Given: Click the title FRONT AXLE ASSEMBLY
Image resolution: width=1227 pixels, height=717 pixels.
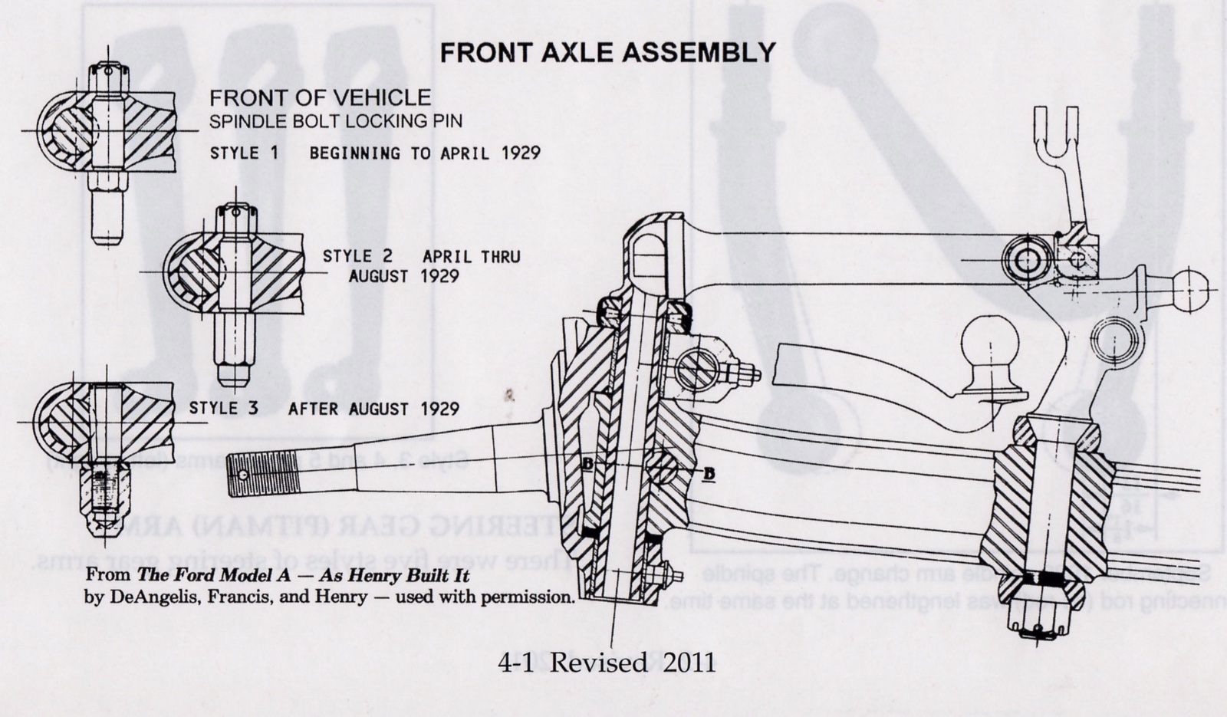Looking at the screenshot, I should click(x=607, y=52).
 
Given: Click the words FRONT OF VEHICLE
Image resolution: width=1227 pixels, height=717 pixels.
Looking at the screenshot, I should click(x=320, y=97).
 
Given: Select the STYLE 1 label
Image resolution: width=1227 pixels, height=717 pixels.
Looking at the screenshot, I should click(x=244, y=153).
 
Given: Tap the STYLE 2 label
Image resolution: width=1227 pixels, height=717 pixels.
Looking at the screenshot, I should click(x=357, y=256).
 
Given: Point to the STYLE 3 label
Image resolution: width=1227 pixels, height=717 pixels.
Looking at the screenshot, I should click(x=223, y=408).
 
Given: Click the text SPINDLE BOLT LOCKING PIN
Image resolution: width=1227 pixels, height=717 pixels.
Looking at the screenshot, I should click(x=336, y=121).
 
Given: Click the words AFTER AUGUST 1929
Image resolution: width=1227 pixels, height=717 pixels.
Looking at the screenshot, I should click(x=373, y=408).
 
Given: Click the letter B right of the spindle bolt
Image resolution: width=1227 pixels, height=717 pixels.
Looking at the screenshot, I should click(x=709, y=474).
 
